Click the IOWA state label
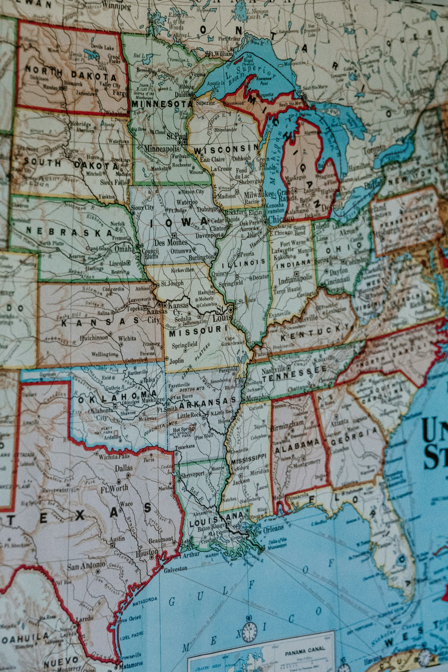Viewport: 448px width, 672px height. (180, 223)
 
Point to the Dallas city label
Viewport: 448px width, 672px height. (124, 468)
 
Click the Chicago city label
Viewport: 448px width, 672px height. (281, 219)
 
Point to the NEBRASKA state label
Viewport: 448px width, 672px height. (70, 231)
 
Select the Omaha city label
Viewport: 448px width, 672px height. (124, 249)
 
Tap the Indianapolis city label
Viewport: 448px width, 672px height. (295, 280)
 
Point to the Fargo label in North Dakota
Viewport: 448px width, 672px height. (119, 93)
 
